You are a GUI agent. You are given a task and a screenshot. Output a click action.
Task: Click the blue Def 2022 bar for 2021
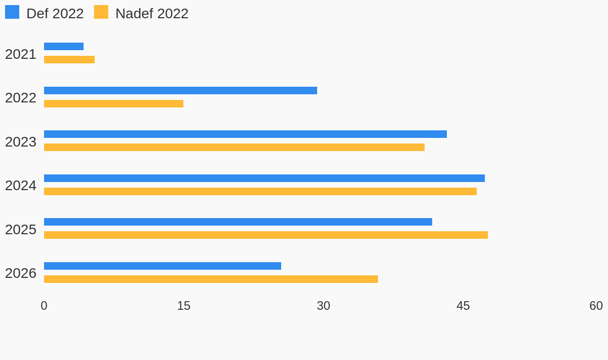pyautogui.click(x=64, y=47)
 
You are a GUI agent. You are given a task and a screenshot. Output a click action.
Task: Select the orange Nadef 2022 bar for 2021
pyautogui.click(x=69, y=59)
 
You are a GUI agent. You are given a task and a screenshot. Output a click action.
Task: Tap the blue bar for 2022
pyautogui.click(x=180, y=90)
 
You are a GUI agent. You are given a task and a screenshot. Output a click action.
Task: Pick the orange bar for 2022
pyautogui.click(x=113, y=103)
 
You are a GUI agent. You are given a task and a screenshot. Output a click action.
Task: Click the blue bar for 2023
pyautogui.click(x=245, y=134)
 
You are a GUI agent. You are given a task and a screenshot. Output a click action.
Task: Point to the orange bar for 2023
pyautogui.click(x=234, y=147)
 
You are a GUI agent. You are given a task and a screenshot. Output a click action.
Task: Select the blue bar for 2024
pyautogui.click(x=264, y=178)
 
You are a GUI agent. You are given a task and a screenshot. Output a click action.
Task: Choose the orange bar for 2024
pyautogui.click(x=260, y=191)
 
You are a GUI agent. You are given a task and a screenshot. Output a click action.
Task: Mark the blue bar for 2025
pyautogui.click(x=238, y=222)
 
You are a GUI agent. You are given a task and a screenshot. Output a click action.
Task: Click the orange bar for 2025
pyautogui.click(x=266, y=235)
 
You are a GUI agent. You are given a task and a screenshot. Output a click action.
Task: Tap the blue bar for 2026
pyautogui.click(x=163, y=266)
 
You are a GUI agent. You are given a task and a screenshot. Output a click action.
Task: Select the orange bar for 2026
pyautogui.click(x=211, y=279)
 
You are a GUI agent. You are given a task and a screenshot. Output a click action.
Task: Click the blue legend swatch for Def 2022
pyautogui.click(x=12, y=12)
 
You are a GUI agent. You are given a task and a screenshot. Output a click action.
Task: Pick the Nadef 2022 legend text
pyautogui.click(x=152, y=14)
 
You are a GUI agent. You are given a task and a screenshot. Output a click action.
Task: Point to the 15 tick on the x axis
pyautogui.click(x=184, y=306)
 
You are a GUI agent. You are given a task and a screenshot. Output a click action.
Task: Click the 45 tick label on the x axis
pyautogui.click(x=463, y=306)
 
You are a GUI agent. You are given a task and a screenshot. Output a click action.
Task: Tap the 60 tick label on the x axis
pyautogui.click(x=596, y=306)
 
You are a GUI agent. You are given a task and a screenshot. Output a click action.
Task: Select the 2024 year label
pyautogui.click(x=21, y=186)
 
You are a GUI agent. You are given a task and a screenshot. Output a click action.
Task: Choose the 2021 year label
pyautogui.click(x=21, y=54)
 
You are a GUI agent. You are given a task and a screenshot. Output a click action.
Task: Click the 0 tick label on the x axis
pyautogui.click(x=44, y=306)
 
